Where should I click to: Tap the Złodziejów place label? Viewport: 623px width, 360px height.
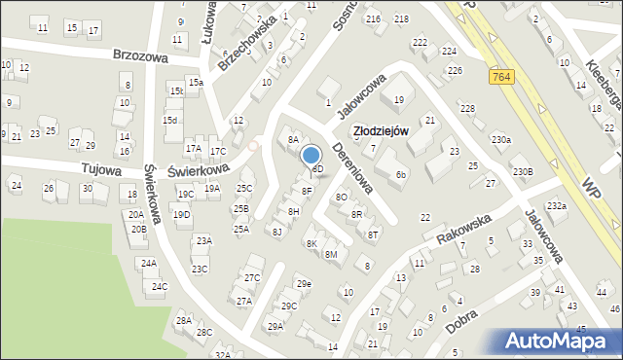[380, 129]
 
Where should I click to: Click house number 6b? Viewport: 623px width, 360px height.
[401, 175]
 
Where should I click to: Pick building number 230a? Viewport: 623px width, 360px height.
[500, 140]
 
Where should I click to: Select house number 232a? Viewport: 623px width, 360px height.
[556, 205]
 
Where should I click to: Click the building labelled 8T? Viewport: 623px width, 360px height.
[373, 234]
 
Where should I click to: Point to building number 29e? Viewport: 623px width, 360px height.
[304, 283]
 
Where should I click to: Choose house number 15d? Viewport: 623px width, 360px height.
[169, 120]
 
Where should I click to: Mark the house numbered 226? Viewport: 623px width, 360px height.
[454, 70]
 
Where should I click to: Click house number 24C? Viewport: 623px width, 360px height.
[158, 286]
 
